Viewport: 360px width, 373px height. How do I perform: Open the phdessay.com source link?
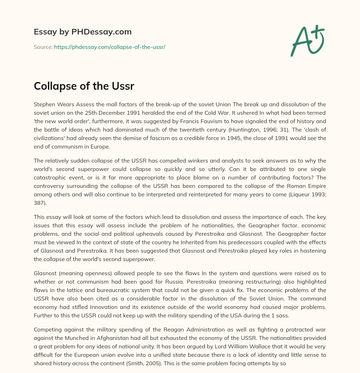click(x=109, y=47)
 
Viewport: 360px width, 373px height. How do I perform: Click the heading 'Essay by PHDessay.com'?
click(x=83, y=32)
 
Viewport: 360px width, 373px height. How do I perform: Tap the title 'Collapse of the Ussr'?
click(x=84, y=86)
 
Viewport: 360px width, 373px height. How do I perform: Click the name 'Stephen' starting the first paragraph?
click(x=44, y=104)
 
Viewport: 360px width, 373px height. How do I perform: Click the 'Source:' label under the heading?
click(x=43, y=47)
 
